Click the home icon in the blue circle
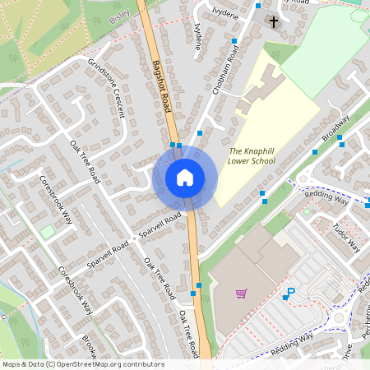(x=184, y=178)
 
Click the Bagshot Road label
(x=162, y=90)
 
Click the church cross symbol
(x=273, y=21)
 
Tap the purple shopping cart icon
(x=241, y=293)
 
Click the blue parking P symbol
(x=289, y=292)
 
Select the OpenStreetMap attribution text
(x=82, y=364)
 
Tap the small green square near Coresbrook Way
(x=47, y=233)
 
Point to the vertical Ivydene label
(x=197, y=36)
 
